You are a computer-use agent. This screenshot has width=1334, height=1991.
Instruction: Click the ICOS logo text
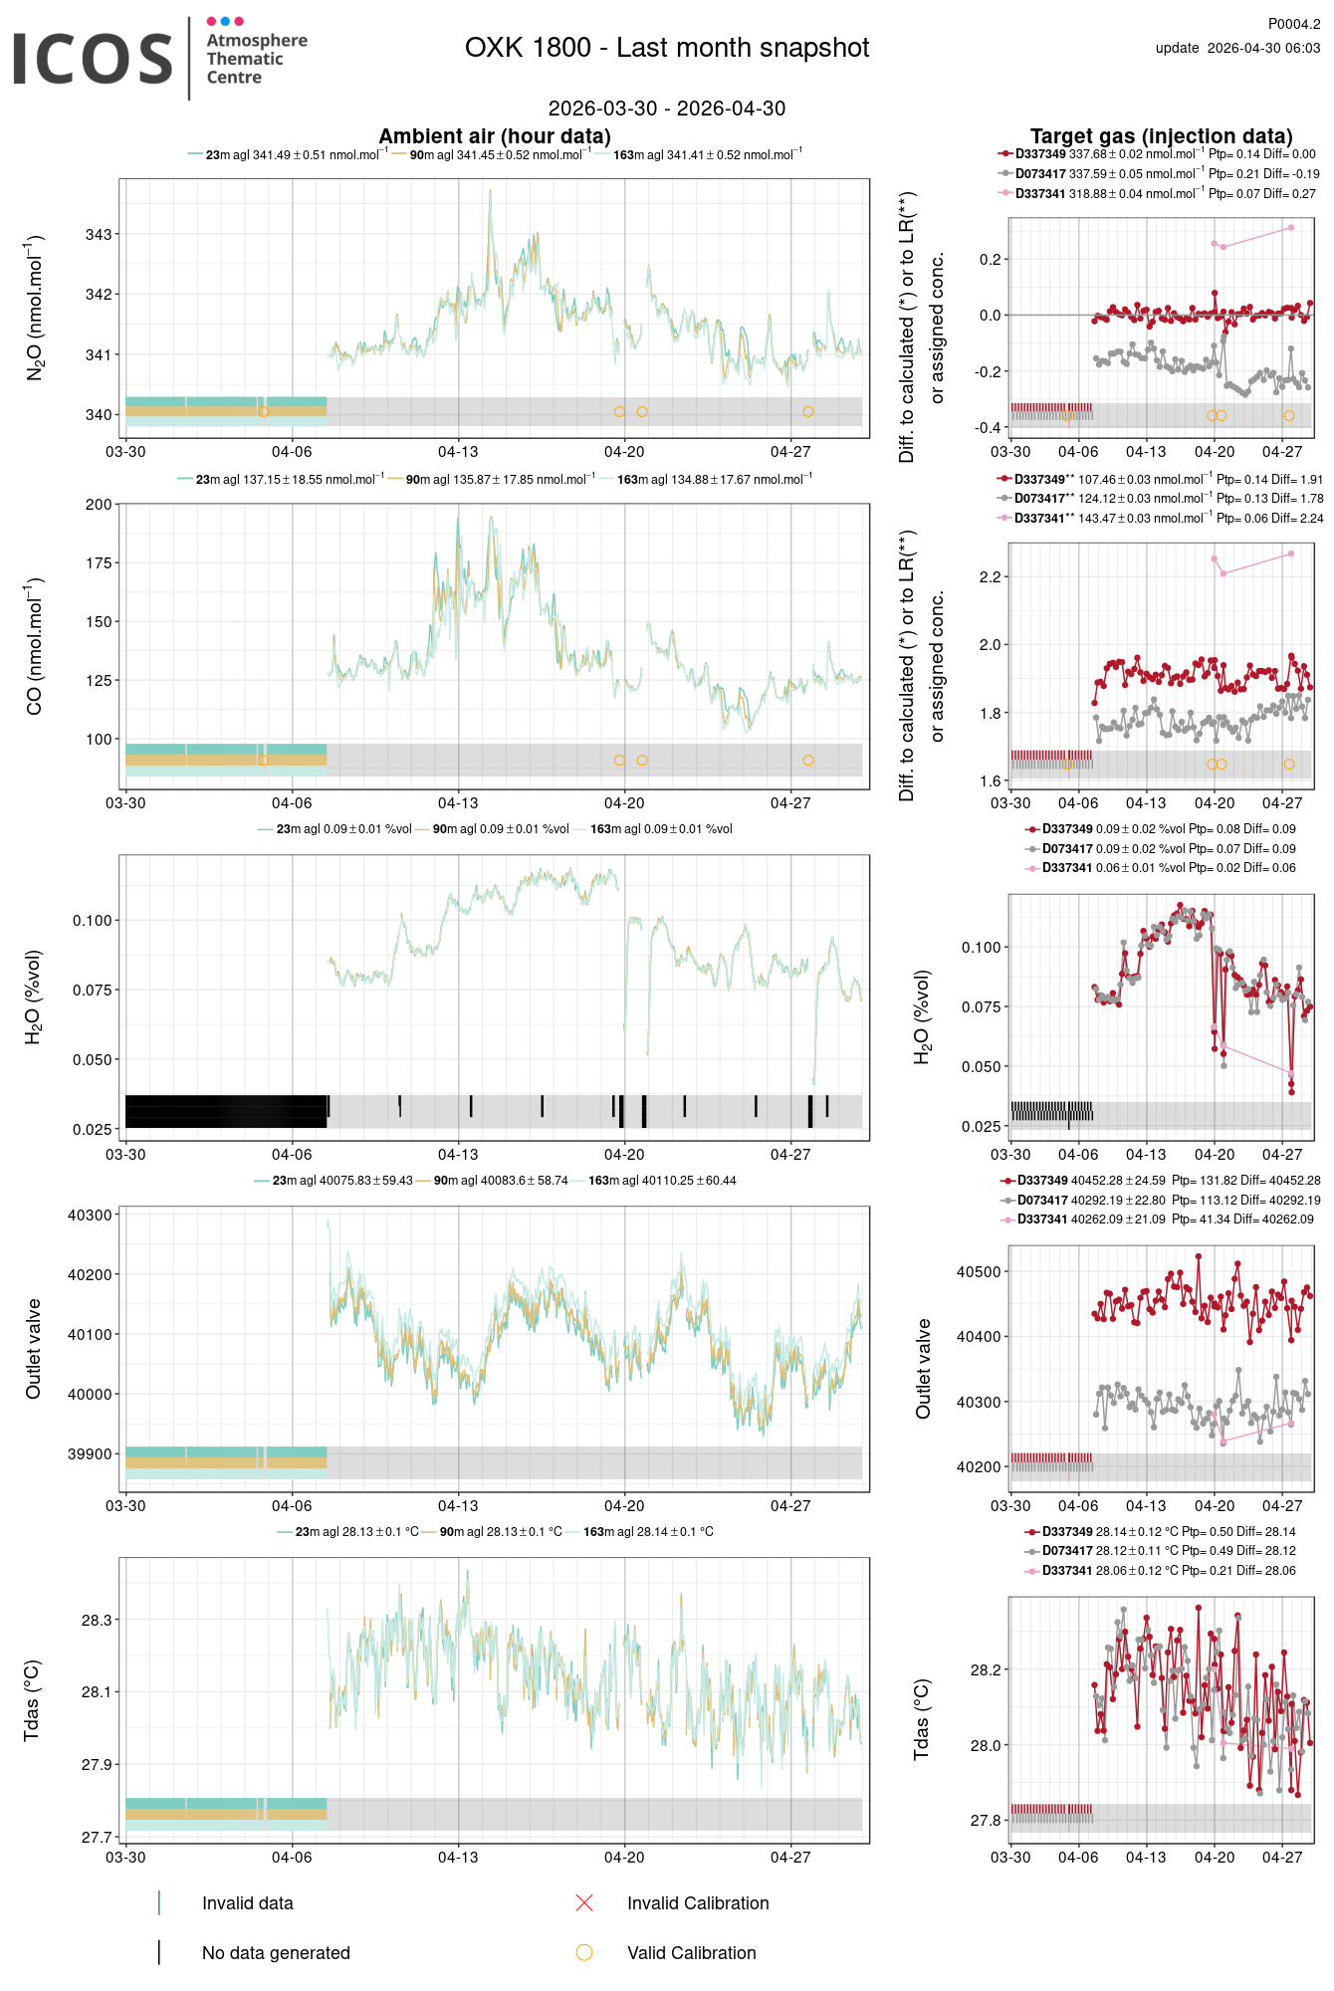93,59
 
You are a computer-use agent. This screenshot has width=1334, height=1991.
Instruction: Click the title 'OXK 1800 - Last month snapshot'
667,48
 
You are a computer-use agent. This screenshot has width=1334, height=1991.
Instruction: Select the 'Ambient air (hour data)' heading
495,136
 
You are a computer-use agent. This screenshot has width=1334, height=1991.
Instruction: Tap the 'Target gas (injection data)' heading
1161,136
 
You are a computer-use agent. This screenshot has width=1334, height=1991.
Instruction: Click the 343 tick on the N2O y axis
99,235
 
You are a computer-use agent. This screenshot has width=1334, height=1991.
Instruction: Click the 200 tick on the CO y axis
99,505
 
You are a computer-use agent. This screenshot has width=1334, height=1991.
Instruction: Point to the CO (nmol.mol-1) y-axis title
34,645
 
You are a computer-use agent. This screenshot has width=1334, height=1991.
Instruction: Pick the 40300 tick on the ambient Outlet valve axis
90,1216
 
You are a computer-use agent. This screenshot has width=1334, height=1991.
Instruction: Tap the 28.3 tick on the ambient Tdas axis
97,1621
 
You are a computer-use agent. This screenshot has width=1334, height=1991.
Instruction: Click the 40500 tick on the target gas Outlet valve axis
979,1272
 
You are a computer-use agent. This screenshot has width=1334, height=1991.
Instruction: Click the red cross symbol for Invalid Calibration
584,1903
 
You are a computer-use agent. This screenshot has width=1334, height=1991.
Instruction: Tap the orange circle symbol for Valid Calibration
584,1953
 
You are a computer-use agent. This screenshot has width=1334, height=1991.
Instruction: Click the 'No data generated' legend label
276,1953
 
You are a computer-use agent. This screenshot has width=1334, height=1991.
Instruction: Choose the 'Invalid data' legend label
248,1903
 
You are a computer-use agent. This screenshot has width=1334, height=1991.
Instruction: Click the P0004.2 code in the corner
1293,24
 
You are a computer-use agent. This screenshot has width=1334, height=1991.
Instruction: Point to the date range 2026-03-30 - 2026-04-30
667,109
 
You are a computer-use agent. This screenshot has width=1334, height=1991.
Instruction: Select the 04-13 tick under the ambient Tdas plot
458,1858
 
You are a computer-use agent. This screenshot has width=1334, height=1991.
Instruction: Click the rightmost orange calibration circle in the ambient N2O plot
808,411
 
